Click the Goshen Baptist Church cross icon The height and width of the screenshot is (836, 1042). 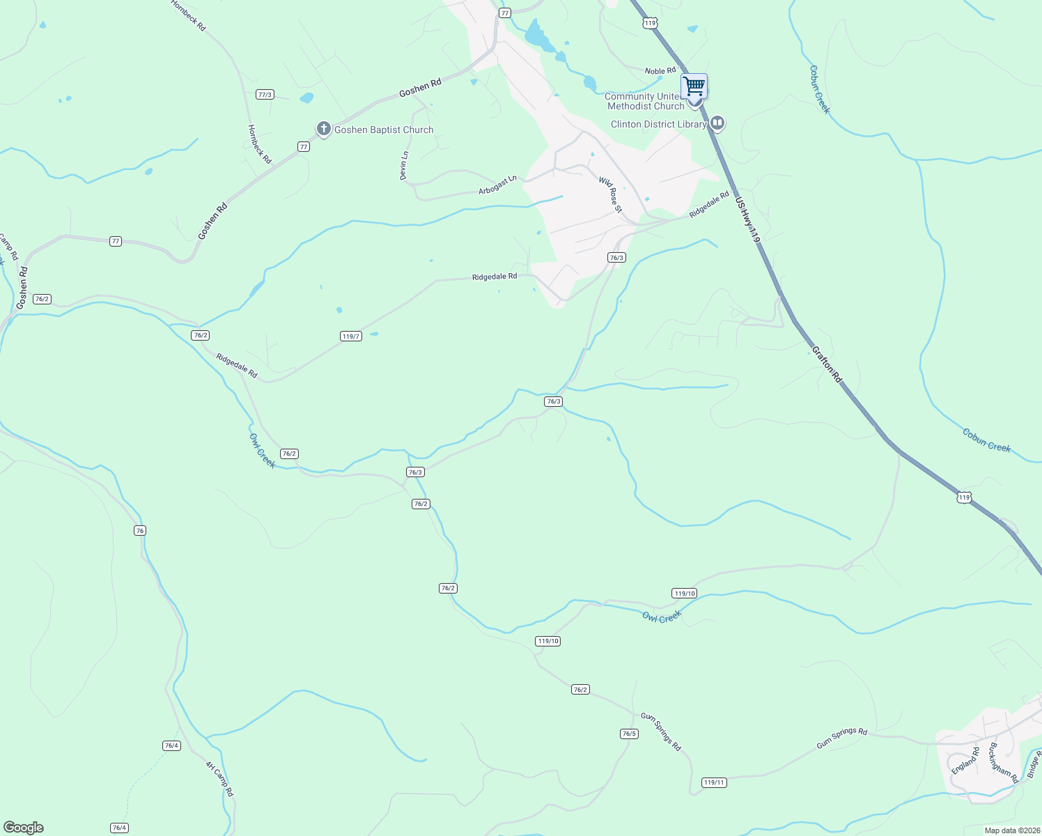point(323,129)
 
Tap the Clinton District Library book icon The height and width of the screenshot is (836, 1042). point(717,124)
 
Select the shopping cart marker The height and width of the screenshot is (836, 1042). point(694,86)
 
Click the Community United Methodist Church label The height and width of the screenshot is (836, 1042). point(644,102)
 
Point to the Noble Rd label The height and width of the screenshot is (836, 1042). point(660,71)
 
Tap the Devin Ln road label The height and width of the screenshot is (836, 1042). point(404,166)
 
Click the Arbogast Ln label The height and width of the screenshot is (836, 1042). point(497,185)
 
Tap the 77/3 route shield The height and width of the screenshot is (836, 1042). point(265,95)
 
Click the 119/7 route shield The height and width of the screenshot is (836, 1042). point(351,336)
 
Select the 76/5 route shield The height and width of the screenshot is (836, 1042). point(629,734)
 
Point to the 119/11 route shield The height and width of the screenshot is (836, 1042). point(715,782)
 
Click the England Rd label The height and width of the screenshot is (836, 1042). point(965,760)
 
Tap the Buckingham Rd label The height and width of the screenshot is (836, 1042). point(1004,763)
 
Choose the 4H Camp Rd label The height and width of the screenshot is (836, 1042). point(219,778)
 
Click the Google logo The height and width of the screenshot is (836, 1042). point(24,828)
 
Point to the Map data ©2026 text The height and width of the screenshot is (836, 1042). point(1010,830)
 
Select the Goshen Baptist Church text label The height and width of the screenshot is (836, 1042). point(384,130)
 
